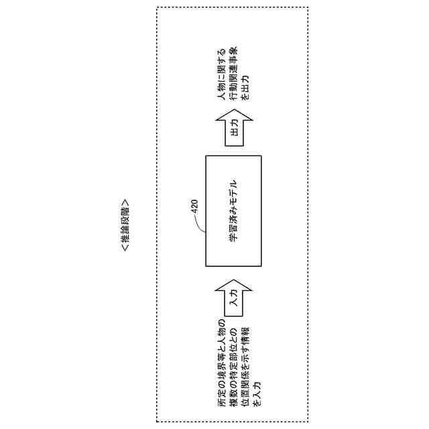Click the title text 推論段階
(x=125, y=225)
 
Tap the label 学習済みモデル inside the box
(x=233, y=210)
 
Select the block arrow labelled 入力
(x=233, y=299)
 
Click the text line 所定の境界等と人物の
(x=222, y=365)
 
